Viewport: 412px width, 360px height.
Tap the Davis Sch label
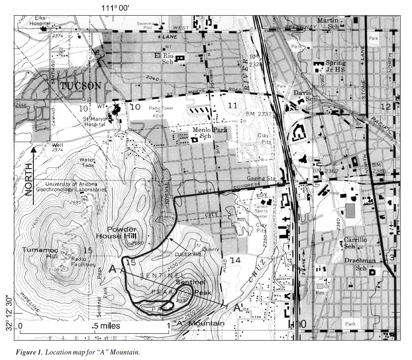[x=302, y=95]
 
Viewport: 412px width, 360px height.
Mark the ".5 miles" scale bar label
[x=106, y=326]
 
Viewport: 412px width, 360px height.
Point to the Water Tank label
[x=87, y=163]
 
